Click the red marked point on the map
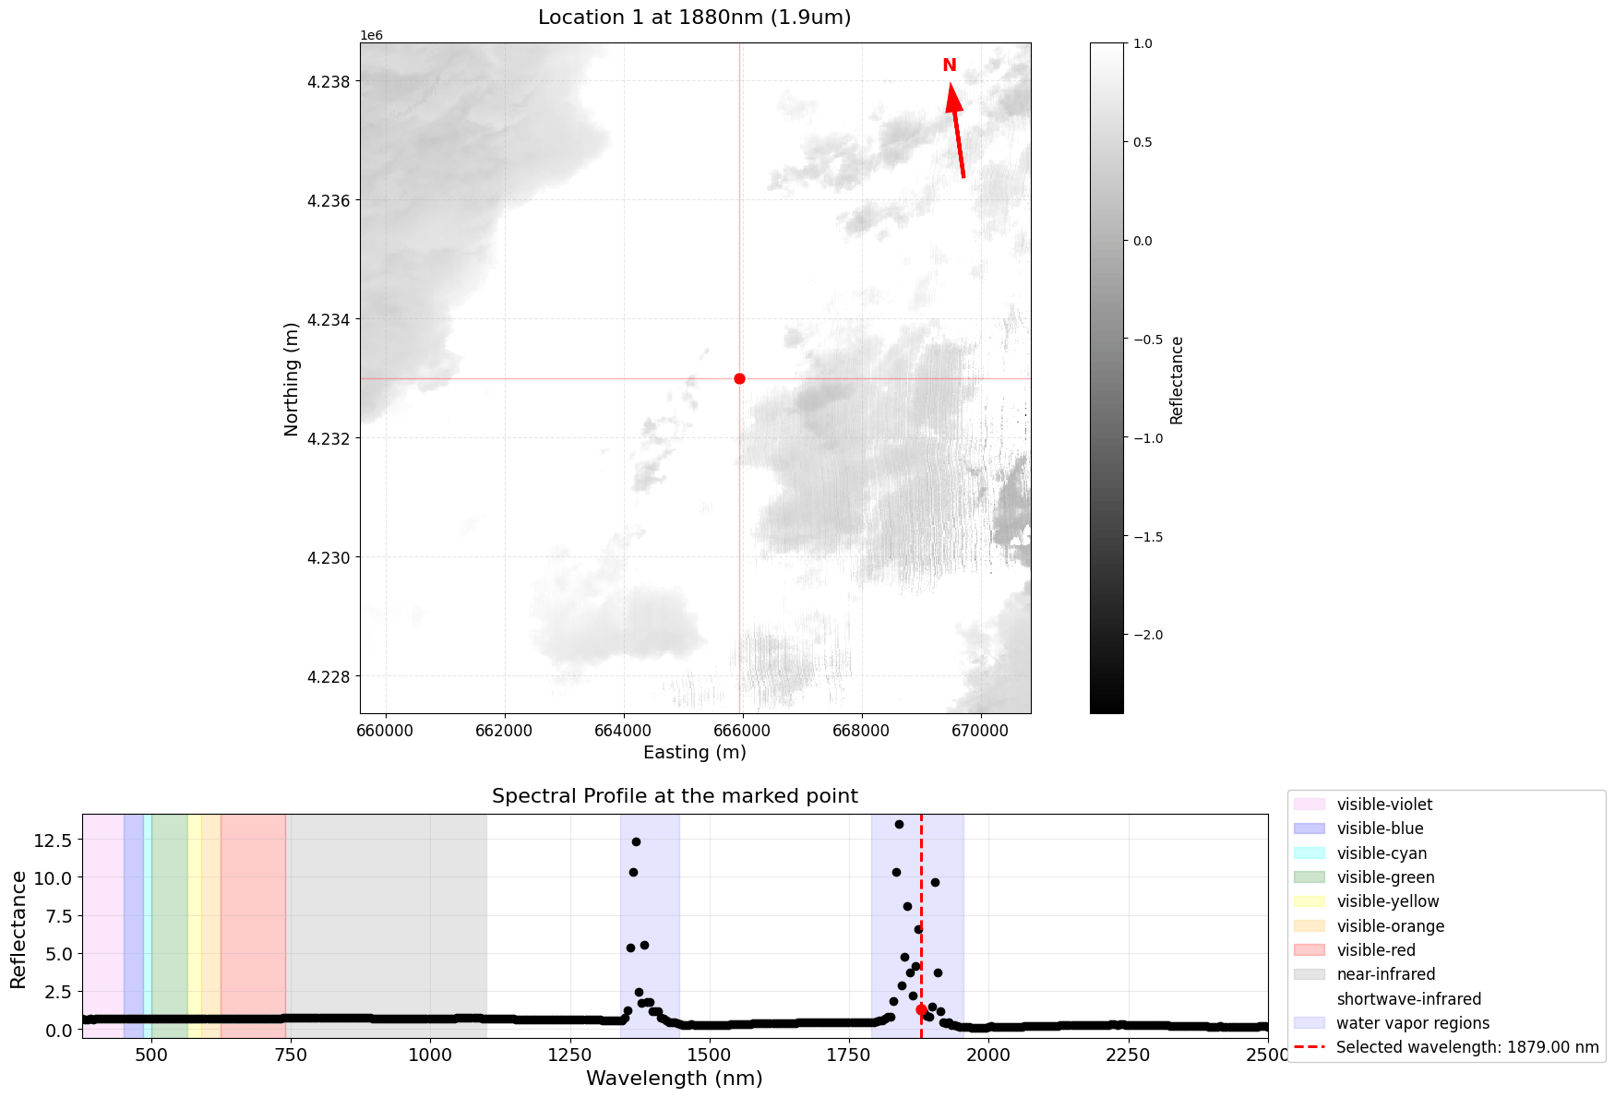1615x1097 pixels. [739, 378]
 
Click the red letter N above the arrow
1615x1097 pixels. [949, 66]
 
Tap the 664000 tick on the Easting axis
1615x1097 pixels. [624, 731]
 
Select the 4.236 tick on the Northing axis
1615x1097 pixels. [329, 201]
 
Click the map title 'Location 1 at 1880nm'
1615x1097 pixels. [694, 18]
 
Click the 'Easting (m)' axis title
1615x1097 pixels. [694, 752]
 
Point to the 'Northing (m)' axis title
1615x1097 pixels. [292, 378]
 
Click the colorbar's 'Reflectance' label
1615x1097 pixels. [1177, 379]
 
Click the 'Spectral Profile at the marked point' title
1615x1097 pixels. [675, 796]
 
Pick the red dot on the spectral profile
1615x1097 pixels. [921, 1009]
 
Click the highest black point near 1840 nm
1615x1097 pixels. [899, 824]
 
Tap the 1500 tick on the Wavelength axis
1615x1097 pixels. [709, 1055]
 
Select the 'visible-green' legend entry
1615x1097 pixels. [1385, 877]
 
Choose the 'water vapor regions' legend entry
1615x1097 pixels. [1412, 1023]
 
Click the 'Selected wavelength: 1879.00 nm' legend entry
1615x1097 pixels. [1466, 1047]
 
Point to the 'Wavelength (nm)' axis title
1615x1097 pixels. [675, 1079]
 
